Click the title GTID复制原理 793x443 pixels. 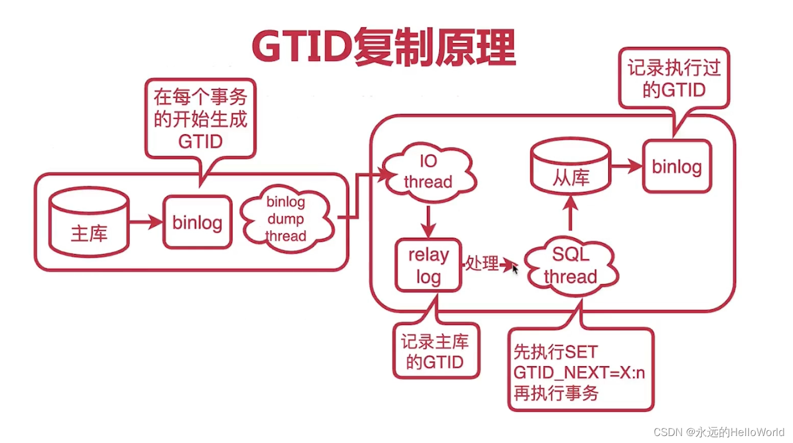[384, 47]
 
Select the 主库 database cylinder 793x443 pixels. [89, 222]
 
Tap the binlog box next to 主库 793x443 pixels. [198, 222]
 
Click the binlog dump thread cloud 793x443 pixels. [287, 219]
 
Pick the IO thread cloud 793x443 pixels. [429, 172]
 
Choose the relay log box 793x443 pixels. [428, 265]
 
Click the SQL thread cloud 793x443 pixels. [571, 266]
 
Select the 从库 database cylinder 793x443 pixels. [570, 166]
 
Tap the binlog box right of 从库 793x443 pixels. [677, 166]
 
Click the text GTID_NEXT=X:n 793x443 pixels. [579, 373]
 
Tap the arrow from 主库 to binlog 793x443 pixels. [146, 222]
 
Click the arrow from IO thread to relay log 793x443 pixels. [428, 222]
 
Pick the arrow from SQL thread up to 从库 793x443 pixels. [570, 213]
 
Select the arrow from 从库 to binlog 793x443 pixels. [627, 166]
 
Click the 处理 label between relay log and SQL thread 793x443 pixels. [482, 264]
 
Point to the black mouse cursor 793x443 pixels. [515, 269]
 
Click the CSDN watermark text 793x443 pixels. [719, 432]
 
